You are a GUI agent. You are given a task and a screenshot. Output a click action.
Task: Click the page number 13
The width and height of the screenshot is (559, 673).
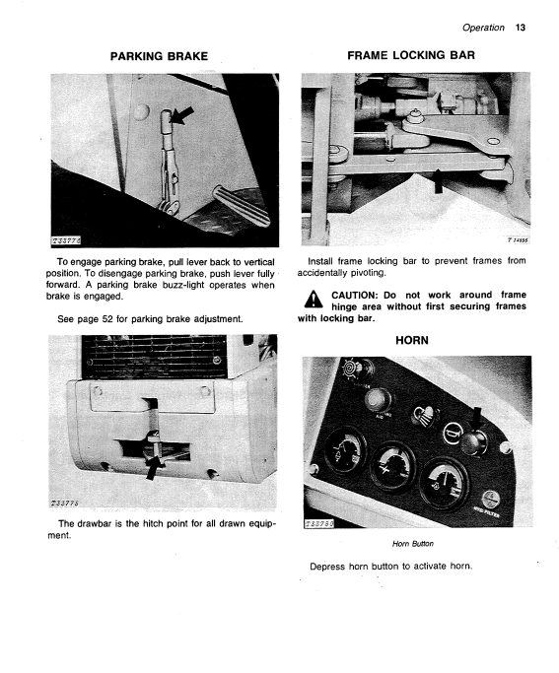point(520,28)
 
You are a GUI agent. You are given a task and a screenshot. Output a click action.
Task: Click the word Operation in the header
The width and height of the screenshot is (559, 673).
point(483,28)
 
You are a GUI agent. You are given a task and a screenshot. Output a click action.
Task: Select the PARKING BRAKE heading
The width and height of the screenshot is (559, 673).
point(159,56)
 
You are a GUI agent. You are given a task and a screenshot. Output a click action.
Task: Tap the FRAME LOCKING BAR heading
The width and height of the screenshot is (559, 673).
point(411,55)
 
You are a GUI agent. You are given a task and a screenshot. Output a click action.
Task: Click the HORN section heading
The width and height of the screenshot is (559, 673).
point(412,340)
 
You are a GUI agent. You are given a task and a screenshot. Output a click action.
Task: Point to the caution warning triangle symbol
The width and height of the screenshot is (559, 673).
point(314,299)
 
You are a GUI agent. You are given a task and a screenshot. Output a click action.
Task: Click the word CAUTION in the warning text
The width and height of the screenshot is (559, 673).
point(355,296)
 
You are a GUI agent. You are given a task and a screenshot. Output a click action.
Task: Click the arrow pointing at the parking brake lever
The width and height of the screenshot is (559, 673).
point(182,115)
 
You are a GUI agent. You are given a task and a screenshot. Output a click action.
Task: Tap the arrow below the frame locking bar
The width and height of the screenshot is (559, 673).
point(438,180)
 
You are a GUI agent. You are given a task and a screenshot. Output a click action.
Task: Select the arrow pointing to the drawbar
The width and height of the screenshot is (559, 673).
point(153,468)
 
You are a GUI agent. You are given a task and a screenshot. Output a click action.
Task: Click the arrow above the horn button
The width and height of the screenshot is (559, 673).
point(476,420)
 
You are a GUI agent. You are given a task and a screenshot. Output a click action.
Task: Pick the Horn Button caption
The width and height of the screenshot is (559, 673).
point(412,544)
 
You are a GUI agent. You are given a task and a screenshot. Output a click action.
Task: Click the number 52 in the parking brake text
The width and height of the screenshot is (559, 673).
point(107,319)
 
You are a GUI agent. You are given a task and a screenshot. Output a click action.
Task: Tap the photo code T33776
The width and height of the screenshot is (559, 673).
point(66,241)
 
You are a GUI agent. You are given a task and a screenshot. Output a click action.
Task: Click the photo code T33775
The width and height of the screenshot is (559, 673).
point(65,504)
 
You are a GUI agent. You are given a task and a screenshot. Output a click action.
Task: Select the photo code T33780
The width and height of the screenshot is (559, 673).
point(319,523)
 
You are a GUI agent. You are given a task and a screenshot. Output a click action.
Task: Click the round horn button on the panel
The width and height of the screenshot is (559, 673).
point(473,442)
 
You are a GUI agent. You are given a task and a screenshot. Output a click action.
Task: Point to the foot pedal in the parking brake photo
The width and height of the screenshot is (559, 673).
point(242,205)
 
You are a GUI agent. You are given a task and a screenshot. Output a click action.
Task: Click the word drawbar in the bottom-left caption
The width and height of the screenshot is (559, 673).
point(95,523)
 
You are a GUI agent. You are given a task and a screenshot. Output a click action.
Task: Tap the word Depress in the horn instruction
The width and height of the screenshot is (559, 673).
point(327,567)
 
